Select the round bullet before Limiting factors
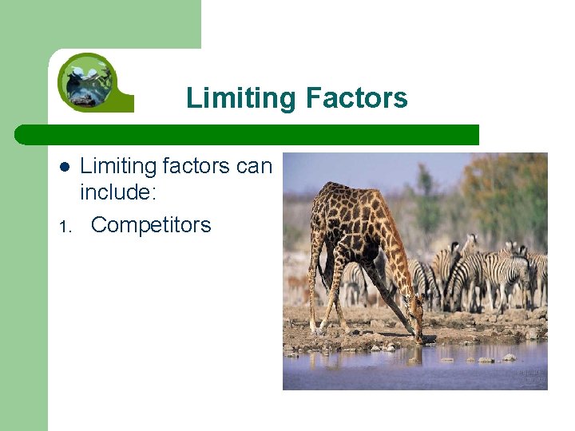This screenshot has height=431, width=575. (x=66, y=167)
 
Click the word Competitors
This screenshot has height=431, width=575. (x=151, y=225)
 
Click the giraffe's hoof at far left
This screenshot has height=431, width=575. (x=312, y=330)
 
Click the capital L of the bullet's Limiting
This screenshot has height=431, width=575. (x=85, y=166)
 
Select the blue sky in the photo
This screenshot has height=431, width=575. (x=375, y=168)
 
